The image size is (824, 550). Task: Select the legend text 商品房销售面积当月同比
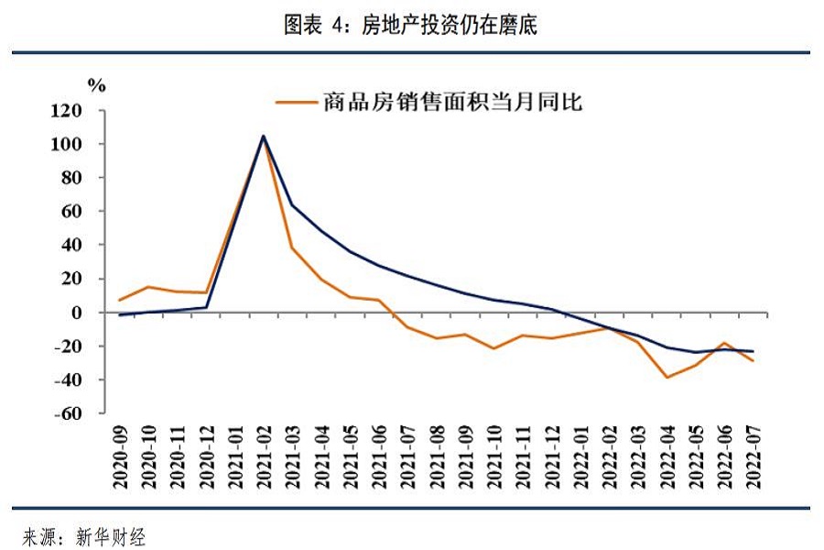pyautogui.click(x=452, y=102)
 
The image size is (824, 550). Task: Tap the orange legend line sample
pyautogui.click(x=296, y=102)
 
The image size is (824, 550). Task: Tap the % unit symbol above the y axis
pyautogui.click(x=96, y=86)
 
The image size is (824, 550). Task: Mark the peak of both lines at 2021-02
pyautogui.click(x=264, y=137)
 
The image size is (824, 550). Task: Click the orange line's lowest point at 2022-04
pyautogui.click(x=667, y=377)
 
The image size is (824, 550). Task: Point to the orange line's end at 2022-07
pyautogui.click(x=754, y=361)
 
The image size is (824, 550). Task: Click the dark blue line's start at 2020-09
pyautogui.click(x=120, y=315)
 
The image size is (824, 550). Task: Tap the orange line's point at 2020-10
pyautogui.click(x=148, y=287)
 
